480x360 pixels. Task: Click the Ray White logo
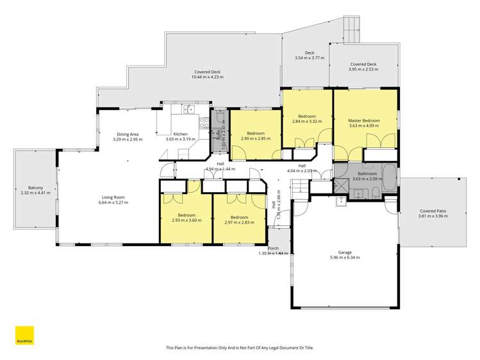(24, 336)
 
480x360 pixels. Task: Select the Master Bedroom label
(363, 120)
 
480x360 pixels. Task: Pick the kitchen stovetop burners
(204, 120)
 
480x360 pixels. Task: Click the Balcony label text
(29, 188)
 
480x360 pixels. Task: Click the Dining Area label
(126, 134)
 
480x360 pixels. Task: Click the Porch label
(273, 248)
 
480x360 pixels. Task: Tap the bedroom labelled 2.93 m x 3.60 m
(186, 217)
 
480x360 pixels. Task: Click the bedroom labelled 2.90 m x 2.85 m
(256, 136)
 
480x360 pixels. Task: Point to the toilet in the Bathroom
(358, 194)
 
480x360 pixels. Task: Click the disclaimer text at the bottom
(240, 348)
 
